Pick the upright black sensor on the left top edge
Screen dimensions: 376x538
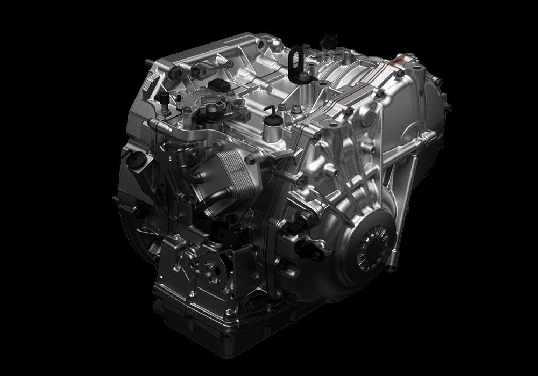(161, 99)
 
